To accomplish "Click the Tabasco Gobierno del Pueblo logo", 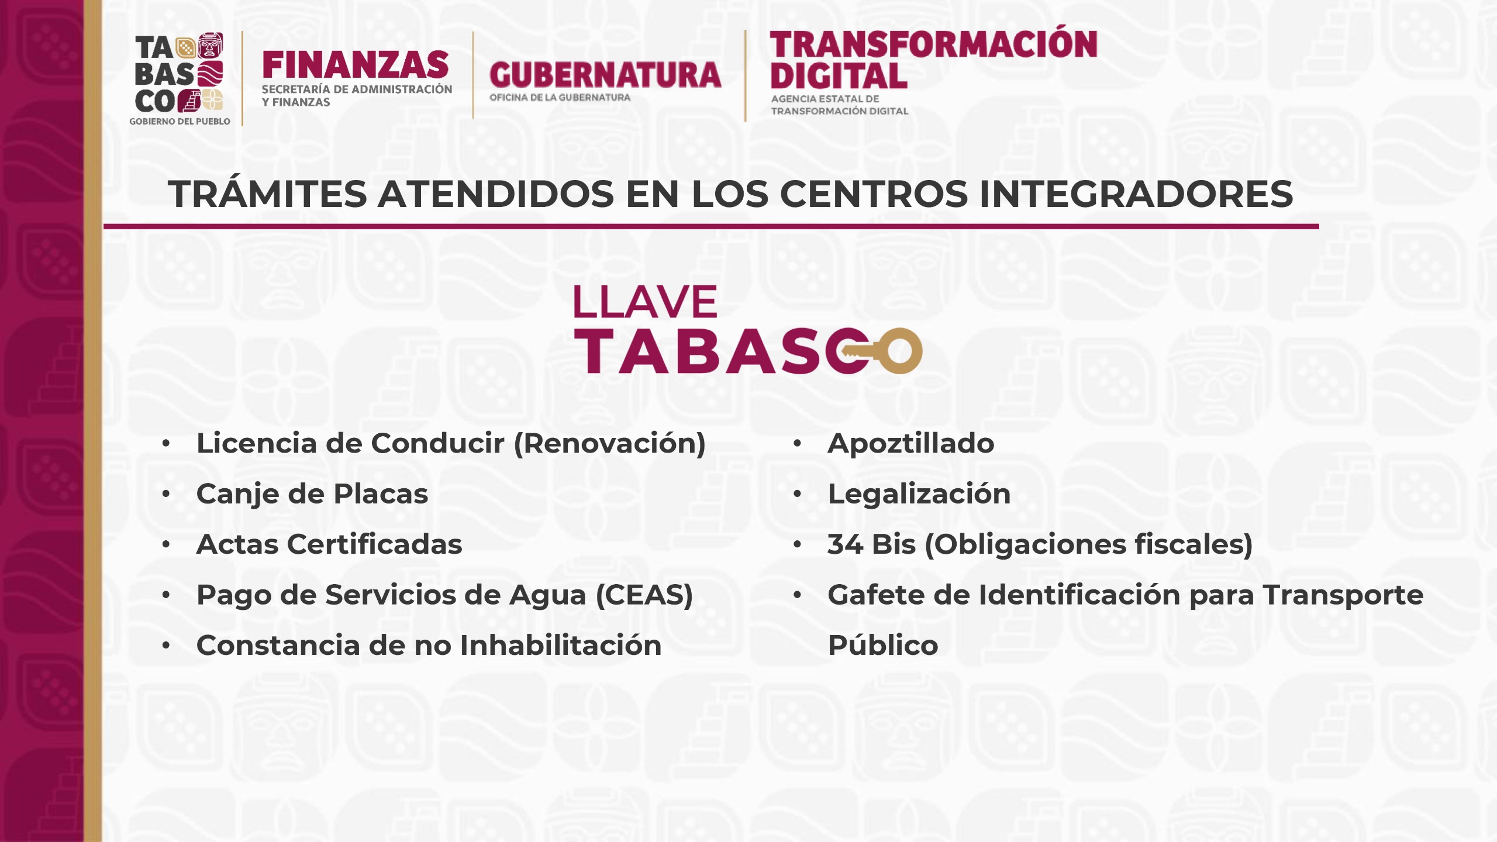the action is point(180,79).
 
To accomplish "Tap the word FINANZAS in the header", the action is point(356,65).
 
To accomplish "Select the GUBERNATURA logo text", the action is point(605,75).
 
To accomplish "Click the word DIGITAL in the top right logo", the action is point(839,76).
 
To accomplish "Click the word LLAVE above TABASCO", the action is point(645,302).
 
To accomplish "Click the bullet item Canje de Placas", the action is point(312,494).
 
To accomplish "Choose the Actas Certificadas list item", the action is point(329,544).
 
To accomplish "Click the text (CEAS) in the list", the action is point(644,595).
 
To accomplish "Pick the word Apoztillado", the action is point(911,444).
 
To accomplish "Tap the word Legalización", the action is point(919,494).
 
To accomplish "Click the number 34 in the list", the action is point(845,544).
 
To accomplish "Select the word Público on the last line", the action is point(883,645).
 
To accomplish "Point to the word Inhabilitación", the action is point(561,646).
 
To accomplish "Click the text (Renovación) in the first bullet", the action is point(610,444).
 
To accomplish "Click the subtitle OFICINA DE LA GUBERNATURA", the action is point(560,98).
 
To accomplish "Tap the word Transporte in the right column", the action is point(1343,596).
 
